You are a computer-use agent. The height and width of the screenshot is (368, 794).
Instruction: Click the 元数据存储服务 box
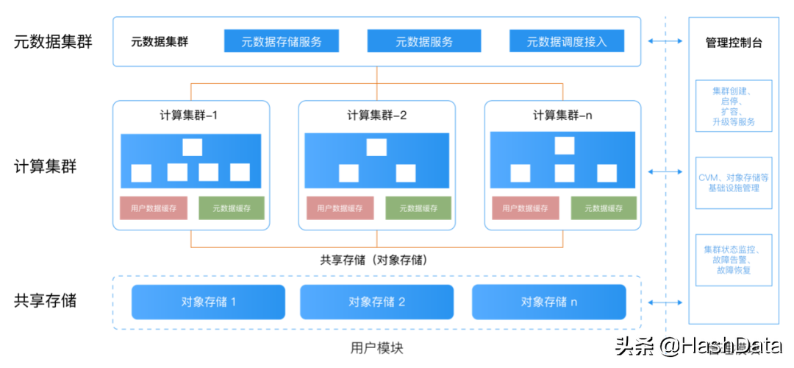[282, 41]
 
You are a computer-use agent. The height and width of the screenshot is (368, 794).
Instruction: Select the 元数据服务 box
[424, 41]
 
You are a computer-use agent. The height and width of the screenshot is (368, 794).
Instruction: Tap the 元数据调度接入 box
[567, 41]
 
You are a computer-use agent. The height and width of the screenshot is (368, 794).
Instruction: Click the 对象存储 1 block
[208, 302]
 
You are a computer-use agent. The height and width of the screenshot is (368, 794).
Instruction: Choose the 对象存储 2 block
[376, 302]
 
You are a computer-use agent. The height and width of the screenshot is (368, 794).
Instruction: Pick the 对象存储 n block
[549, 302]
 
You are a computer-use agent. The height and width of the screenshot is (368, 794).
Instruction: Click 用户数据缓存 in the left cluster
[154, 208]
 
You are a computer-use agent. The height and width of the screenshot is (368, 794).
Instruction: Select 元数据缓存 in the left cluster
[232, 208]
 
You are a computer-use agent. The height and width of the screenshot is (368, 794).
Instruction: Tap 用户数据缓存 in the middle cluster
[339, 208]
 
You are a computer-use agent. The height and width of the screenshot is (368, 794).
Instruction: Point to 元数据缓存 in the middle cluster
[418, 208]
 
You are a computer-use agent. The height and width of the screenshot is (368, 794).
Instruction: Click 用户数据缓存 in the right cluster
[526, 208]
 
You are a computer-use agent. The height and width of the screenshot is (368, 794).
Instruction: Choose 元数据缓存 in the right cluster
[603, 208]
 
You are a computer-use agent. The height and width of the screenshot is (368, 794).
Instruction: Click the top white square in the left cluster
[192, 147]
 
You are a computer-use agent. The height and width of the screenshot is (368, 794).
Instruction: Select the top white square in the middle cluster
[376, 147]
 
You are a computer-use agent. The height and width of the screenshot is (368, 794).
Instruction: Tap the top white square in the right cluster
[565, 145]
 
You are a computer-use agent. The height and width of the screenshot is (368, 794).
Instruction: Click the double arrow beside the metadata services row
[665, 41]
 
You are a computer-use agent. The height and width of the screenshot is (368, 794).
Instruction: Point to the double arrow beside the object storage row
[665, 302]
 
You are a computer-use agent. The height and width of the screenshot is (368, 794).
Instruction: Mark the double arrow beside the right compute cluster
[665, 171]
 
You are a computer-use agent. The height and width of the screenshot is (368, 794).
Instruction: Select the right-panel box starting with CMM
[733, 183]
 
